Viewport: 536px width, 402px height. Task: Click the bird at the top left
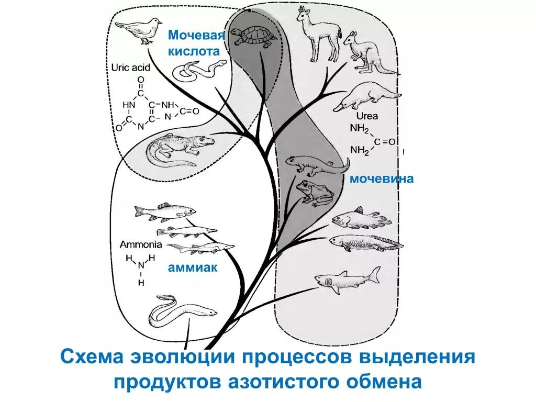(x=138, y=30)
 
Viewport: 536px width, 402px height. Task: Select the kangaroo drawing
(x=365, y=52)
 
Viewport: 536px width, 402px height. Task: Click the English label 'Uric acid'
(x=130, y=67)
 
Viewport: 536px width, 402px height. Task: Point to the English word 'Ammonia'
(x=141, y=244)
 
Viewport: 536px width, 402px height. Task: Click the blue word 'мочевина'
(x=382, y=179)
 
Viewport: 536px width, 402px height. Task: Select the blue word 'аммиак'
(x=193, y=267)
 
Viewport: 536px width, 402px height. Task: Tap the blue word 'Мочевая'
(x=196, y=36)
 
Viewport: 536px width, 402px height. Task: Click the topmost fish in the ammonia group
(x=164, y=210)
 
